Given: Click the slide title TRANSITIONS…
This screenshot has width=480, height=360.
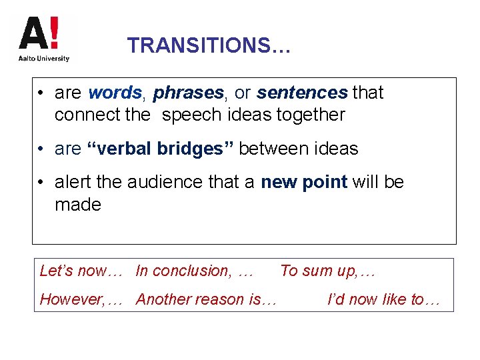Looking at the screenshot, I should coord(209,45).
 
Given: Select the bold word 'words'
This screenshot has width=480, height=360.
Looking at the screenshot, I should coord(115,93).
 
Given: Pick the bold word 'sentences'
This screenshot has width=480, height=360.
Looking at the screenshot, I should coord(302,93).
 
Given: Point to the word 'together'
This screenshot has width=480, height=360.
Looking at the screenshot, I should coord(311,115).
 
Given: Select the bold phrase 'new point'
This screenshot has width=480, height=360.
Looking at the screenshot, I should coord(304,182).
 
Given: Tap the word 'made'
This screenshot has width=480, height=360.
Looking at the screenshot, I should coord(78,205).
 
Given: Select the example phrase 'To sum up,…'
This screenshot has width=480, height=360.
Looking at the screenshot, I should coord(328,271).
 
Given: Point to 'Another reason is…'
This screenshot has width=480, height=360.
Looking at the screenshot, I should coord(206,299).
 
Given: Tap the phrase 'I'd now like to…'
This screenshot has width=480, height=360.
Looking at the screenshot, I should coord(384,299).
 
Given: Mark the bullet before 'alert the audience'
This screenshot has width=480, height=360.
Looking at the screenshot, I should coord(41,183).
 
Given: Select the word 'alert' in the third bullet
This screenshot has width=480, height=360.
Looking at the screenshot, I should coord(75,182).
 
